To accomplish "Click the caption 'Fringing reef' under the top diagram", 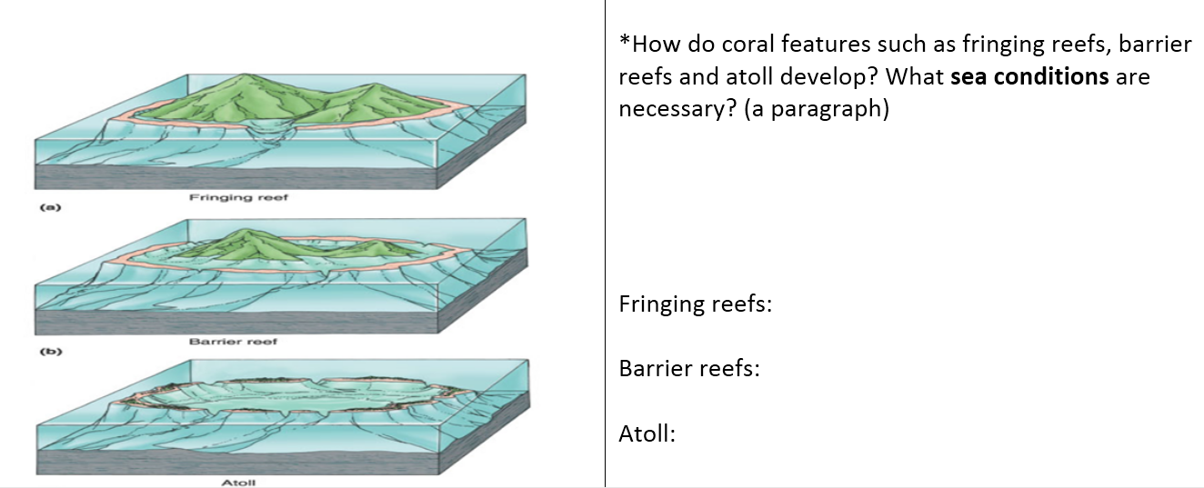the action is (238, 197).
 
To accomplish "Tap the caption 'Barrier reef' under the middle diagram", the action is (233, 342).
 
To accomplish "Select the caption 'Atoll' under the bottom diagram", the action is (238, 483).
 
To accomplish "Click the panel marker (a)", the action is (51, 207).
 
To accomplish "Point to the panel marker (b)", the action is (51, 352).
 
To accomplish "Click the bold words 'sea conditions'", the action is (1029, 76).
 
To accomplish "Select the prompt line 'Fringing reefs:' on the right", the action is (696, 304).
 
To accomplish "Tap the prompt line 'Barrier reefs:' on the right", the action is (689, 368).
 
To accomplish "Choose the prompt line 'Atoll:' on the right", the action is (647, 433).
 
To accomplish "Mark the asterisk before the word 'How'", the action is (625, 39).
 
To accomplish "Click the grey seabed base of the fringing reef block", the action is (236, 178).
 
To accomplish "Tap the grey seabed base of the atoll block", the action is (237, 463).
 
